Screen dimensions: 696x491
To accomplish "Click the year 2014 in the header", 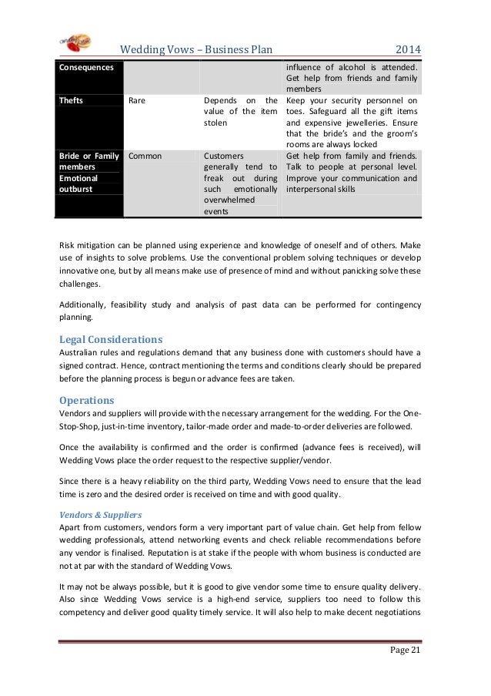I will pos(408,52).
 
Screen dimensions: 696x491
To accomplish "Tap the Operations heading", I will pos(86,401).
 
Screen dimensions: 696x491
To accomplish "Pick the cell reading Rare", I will pos(138,99).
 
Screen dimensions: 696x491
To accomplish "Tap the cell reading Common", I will pos(145,156).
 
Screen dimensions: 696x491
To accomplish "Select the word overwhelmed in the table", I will pos(230,199).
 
